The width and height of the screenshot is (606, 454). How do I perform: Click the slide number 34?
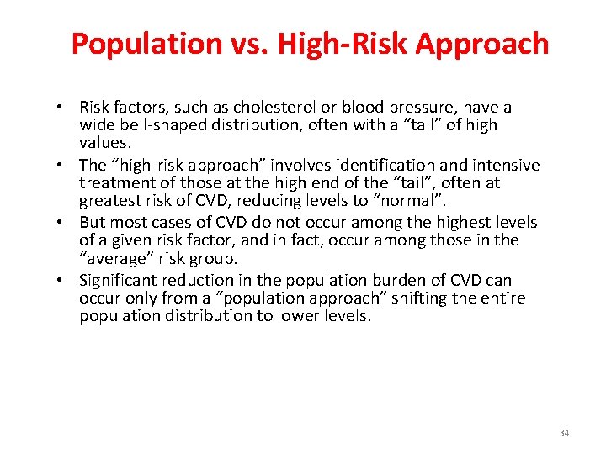[x=564, y=433]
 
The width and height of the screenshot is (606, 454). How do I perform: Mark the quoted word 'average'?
[x=116, y=259]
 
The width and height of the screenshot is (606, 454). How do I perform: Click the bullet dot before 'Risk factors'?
[x=64, y=108]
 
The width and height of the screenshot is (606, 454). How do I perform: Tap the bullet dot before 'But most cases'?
[x=64, y=223]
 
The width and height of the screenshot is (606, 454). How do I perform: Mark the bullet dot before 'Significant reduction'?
[x=64, y=281]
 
